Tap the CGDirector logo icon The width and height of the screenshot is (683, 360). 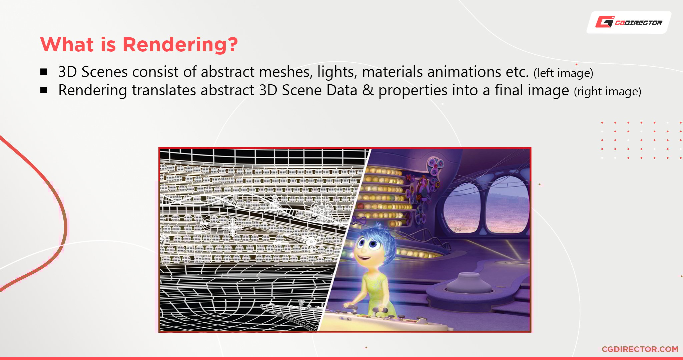pyautogui.click(x=605, y=22)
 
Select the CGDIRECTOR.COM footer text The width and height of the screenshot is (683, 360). pyautogui.click(x=640, y=349)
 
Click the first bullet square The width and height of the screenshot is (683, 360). pyautogui.click(x=44, y=72)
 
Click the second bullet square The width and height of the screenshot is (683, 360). pyautogui.click(x=44, y=90)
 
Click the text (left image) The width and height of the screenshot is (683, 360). pyautogui.click(x=563, y=73)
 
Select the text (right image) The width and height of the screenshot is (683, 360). pyautogui.click(x=607, y=91)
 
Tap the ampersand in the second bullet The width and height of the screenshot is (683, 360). pyautogui.click(x=368, y=90)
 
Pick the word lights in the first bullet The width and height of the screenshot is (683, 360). pyautogui.click(x=337, y=72)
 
